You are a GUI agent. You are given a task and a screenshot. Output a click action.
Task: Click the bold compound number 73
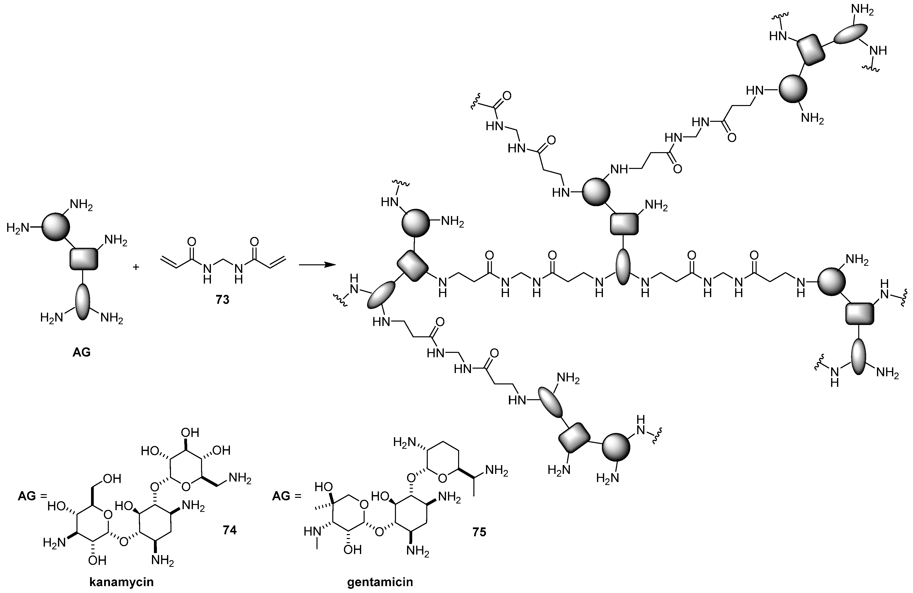223,299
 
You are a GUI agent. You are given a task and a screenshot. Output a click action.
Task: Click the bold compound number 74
230,530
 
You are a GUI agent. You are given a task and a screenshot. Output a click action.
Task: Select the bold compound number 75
480,532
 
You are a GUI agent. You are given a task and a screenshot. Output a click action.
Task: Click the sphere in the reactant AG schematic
56,227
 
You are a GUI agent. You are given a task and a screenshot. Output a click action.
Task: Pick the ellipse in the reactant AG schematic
83,302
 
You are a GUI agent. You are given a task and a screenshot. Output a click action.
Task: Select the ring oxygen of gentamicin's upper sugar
443,478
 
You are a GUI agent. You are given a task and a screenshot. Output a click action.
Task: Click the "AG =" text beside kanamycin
32,496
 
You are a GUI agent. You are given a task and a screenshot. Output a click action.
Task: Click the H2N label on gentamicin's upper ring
405,443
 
